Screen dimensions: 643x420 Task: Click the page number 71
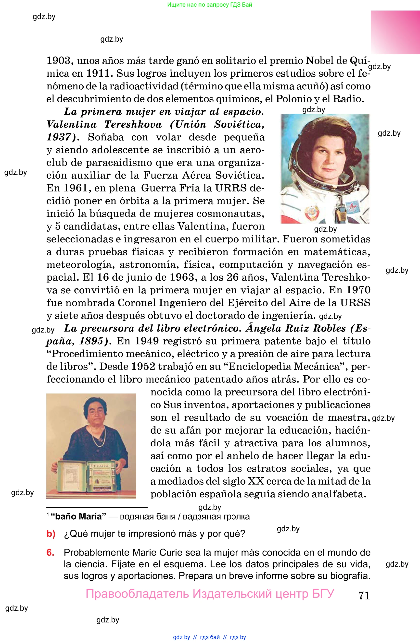pyautogui.click(x=364, y=595)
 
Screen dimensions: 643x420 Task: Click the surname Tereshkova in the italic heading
pyautogui.click(x=133, y=124)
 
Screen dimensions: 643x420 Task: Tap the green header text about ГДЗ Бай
pyautogui.click(x=210, y=5)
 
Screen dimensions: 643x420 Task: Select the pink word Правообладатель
pyautogui.click(x=137, y=594)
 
